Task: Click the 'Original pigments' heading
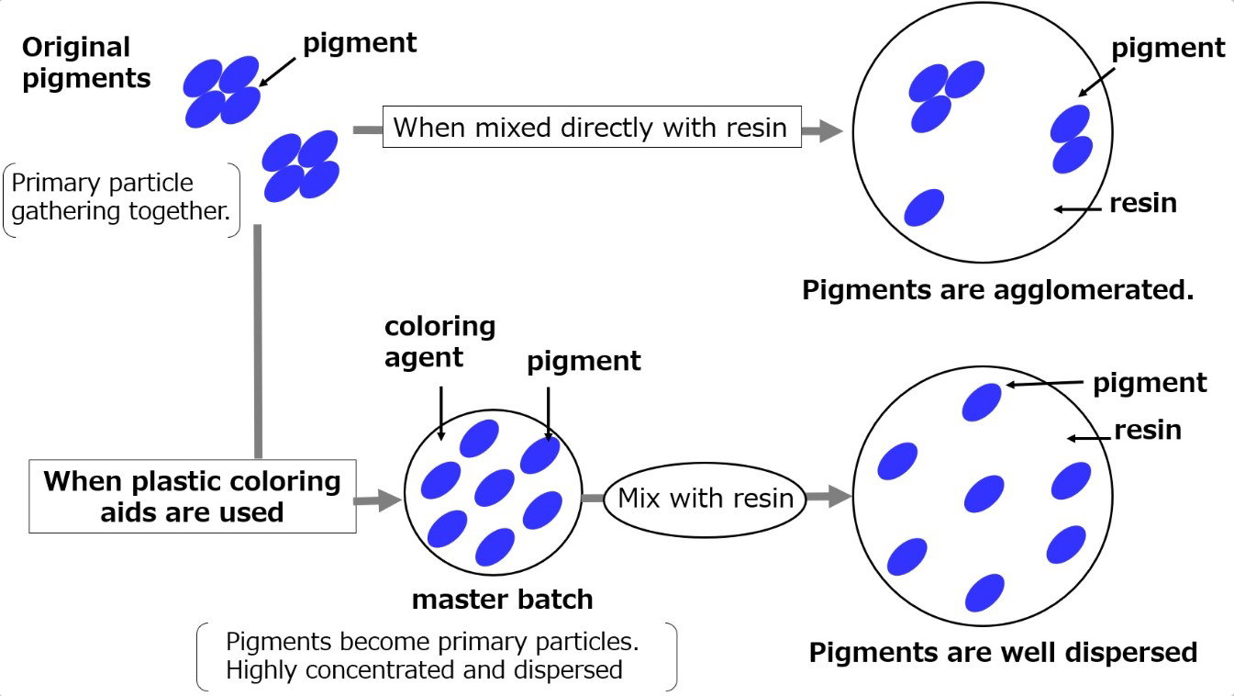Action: click(x=86, y=62)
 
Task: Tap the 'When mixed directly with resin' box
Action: click(x=590, y=127)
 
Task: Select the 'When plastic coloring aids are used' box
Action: click(x=193, y=496)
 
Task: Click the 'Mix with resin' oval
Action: click(x=705, y=499)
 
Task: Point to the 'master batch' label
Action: click(x=502, y=600)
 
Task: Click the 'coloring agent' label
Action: click(x=439, y=341)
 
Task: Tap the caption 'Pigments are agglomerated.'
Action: click(x=997, y=290)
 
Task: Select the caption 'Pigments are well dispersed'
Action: click(x=1003, y=652)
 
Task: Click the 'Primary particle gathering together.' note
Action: click(x=120, y=197)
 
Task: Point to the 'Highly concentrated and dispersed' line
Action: click(x=424, y=670)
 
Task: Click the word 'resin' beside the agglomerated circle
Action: click(x=1142, y=203)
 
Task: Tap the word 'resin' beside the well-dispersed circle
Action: click(x=1148, y=430)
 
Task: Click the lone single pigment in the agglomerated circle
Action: click(x=924, y=208)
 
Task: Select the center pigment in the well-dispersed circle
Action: click(x=984, y=493)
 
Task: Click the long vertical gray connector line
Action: click(x=258, y=340)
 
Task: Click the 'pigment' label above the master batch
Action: click(x=584, y=361)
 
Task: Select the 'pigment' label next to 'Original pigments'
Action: click(x=360, y=42)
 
